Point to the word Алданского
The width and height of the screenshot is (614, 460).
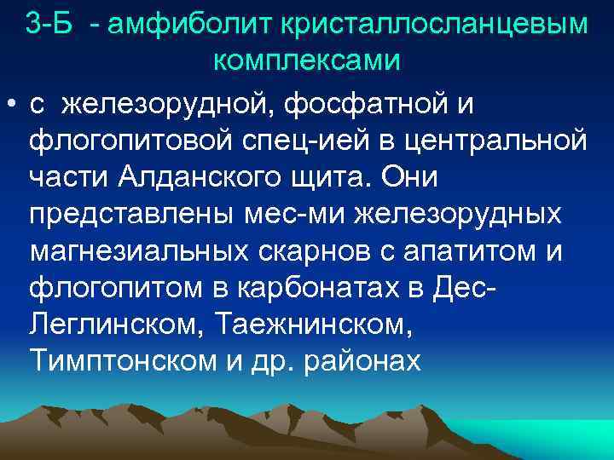(202, 178)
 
